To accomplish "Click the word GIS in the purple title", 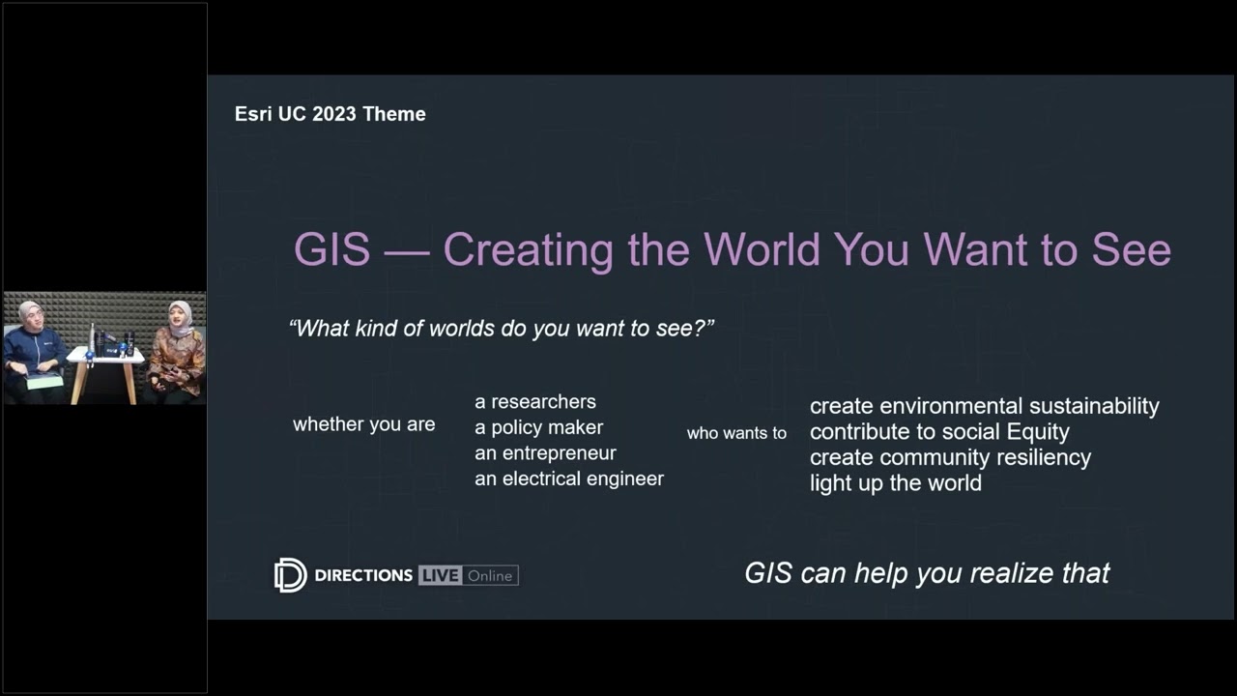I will coord(331,249).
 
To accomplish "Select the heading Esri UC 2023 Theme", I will coord(330,114).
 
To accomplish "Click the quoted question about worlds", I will coord(502,329).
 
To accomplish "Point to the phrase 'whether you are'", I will coord(363,424).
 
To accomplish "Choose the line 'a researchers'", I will coord(534,401).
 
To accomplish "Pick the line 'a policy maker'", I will coord(538,427).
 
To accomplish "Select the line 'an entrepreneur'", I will coord(545,452).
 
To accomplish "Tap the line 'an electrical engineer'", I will coord(568,478).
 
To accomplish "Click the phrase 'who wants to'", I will coord(736,433).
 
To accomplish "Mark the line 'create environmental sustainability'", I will coord(984,406).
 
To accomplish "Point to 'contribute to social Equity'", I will coord(939,432).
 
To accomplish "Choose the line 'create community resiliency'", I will coord(950,457).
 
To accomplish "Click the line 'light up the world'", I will coord(895,483).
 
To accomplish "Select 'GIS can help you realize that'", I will coord(927,573).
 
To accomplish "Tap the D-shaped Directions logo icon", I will coord(290,575).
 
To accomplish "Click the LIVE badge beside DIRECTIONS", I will coord(439,575).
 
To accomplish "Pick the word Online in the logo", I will coord(490,575).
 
